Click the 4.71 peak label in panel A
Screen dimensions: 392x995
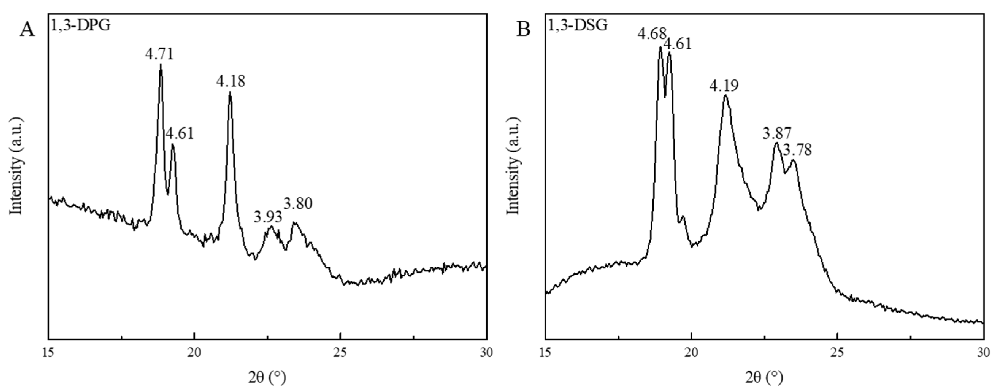click(159, 54)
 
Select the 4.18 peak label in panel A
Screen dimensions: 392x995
click(231, 82)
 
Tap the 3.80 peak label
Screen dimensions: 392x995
click(298, 204)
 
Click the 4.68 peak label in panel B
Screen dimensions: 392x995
click(652, 34)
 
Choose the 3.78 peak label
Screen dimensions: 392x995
click(797, 149)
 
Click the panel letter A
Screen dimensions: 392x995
click(27, 29)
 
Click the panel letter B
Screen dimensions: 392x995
click(523, 29)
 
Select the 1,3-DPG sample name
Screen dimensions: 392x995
click(81, 25)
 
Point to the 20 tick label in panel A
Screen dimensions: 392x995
click(194, 353)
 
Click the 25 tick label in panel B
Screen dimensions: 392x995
click(837, 353)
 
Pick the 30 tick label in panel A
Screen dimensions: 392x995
click(486, 353)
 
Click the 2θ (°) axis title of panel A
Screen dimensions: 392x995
click(267, 377)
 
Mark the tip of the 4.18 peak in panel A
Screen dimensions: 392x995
click(230, 92)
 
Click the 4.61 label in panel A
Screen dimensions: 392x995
click(180, 134)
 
